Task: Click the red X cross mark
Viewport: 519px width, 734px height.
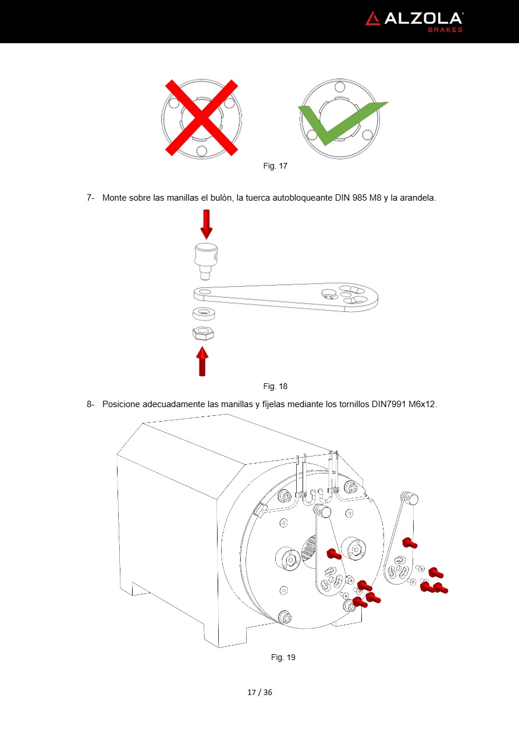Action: (x=201, y=117)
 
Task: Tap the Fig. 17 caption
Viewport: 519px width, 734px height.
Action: (x=275, y=166)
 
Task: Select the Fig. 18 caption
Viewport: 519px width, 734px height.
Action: (x=275, y=386)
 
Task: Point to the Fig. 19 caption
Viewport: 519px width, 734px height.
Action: (x=283, y=657)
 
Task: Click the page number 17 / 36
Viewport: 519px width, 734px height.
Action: (x=259, y=692)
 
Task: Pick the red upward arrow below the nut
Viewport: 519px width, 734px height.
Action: (x=202, y=361)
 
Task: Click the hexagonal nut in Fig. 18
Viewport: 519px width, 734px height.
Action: (x=203, y=333)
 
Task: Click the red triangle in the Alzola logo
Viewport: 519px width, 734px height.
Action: (x=373, y=19)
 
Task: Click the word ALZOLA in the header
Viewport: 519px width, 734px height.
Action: (x=423, y=19)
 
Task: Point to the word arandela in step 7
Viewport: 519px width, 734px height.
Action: (x=417, y=198)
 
